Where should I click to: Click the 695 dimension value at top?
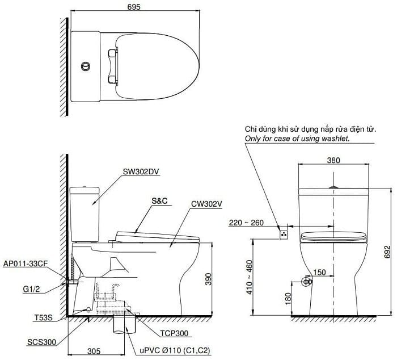pyautogui.click(x=134, y=7)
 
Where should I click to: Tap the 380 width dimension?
pyautogui.click(x=333, y=161)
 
